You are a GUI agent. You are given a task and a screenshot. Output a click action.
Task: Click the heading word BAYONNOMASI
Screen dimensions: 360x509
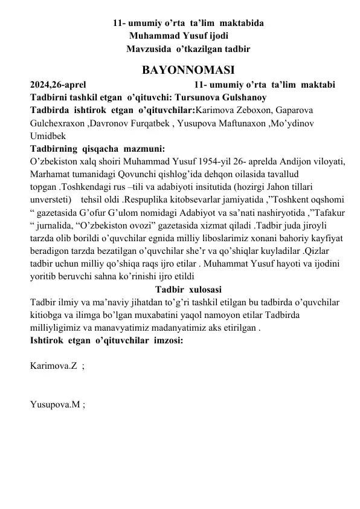coord(179,67)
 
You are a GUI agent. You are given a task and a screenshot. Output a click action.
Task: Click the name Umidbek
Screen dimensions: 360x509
coord(47,136)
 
